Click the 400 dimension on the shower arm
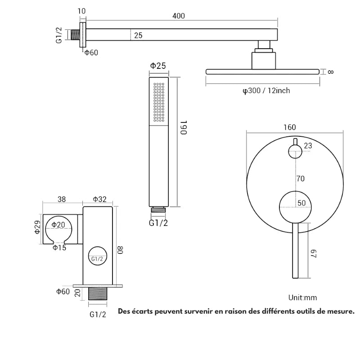tap(179, 16)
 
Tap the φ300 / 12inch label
tap(266, 91)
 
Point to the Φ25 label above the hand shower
tap(158, 66)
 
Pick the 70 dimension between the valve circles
tap(301, 179)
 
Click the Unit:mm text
tap(303, 298)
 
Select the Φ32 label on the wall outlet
tap(99, 199)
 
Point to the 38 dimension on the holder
tap(63, 199)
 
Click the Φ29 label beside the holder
tap(38, 227)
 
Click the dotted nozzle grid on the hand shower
tap(160, 103)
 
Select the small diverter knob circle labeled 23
tap(295, 152)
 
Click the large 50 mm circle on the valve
tap(295, 206)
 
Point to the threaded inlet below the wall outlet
tap(98, 294)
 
